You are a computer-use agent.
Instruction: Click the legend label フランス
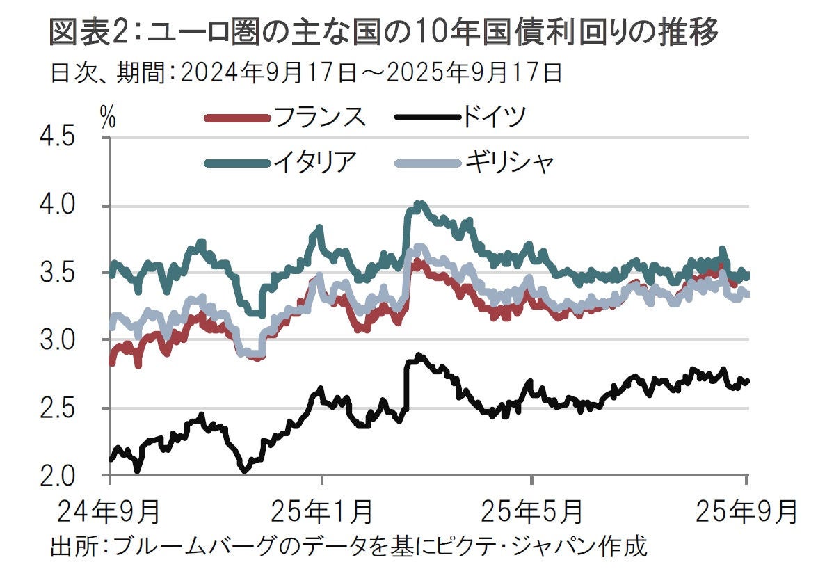pyautogui.click(x=319, y=118)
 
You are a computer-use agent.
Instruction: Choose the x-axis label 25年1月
pyautogui.click(x=321, y=513)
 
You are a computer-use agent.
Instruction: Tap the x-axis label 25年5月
pyautogui.click(x=532, y=513)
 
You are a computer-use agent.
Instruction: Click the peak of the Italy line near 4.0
pyautogui.click(x=419, y=204)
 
